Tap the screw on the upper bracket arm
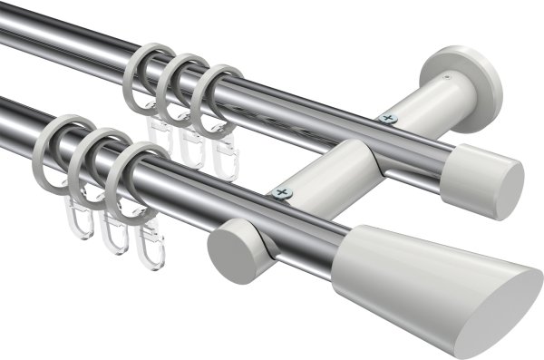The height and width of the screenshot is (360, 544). tap(391, 117)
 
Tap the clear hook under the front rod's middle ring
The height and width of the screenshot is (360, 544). tap(112, 233)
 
